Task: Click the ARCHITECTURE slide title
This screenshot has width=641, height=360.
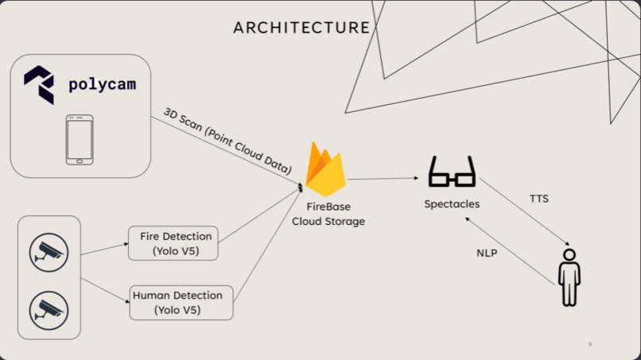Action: (x=301, y=28)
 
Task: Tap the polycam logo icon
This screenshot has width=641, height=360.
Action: (x=39, y=84)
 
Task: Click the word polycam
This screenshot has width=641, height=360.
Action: (x=103, y=84)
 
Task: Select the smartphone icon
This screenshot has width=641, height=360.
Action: (x=79, y=140)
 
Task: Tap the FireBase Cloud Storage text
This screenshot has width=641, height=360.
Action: (x=328, y=214)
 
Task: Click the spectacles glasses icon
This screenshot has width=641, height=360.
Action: (x=452, y=171)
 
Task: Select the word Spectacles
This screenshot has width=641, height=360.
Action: (x=452, y=204)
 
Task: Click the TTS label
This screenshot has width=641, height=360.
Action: (x=538, y=198)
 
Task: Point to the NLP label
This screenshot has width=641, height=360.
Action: (x=487, y=253)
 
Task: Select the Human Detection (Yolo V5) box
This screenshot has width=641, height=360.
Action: (x=181, y=302)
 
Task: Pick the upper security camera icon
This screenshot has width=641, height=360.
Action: (x=49, y=252)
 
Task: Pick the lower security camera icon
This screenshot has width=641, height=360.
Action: (x=49, y=309)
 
